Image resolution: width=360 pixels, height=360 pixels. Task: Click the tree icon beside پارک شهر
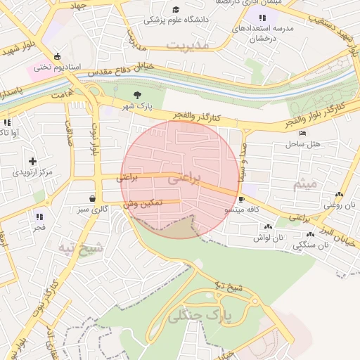coord(136,95)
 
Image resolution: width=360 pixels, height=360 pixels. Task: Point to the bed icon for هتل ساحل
coord(302,133)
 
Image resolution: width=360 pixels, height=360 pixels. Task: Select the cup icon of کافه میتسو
coord(242,199)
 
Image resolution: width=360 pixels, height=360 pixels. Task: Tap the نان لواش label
coord(268,238)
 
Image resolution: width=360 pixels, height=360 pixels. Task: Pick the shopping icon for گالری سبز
coord(94,198)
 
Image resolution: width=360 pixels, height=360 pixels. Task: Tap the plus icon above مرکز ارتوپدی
coord(32,161)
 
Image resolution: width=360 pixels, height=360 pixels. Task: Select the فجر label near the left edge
coord(38,227)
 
